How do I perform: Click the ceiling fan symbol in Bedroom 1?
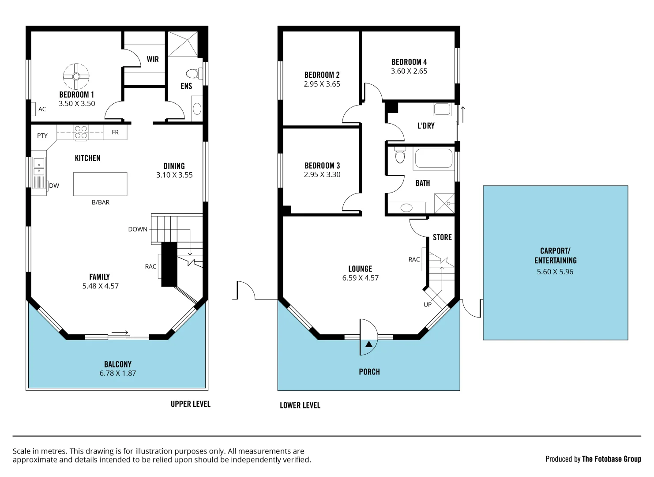[x=76, y=76]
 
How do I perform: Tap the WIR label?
[x=153, y=59]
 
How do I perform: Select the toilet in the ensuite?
[x=193, y=73]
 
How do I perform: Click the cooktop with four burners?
[x=81, y=132]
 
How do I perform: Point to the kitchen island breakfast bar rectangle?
[x=100, y=184]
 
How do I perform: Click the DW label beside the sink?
[x=54, y=185]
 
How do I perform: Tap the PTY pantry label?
[x=42, y=136]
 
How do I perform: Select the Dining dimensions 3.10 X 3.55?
[x=174, y=175]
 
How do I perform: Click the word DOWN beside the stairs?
[x=138, y=229]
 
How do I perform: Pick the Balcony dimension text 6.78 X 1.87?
[x=118, y=373]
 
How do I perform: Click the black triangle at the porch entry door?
[x=369, y=344]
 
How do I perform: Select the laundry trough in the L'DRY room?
[x=442, y=109]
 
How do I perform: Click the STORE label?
[x=442, y=237]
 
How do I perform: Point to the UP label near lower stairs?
[x=428, y=304]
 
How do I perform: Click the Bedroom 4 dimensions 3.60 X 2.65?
[x=409, y=71]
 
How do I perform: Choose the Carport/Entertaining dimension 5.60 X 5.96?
[x=555, y=272]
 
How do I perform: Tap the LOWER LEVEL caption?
[x=300, y=405]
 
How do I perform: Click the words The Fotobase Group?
[x=611, y=459]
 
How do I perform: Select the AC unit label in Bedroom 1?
[x=42, y=109]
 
